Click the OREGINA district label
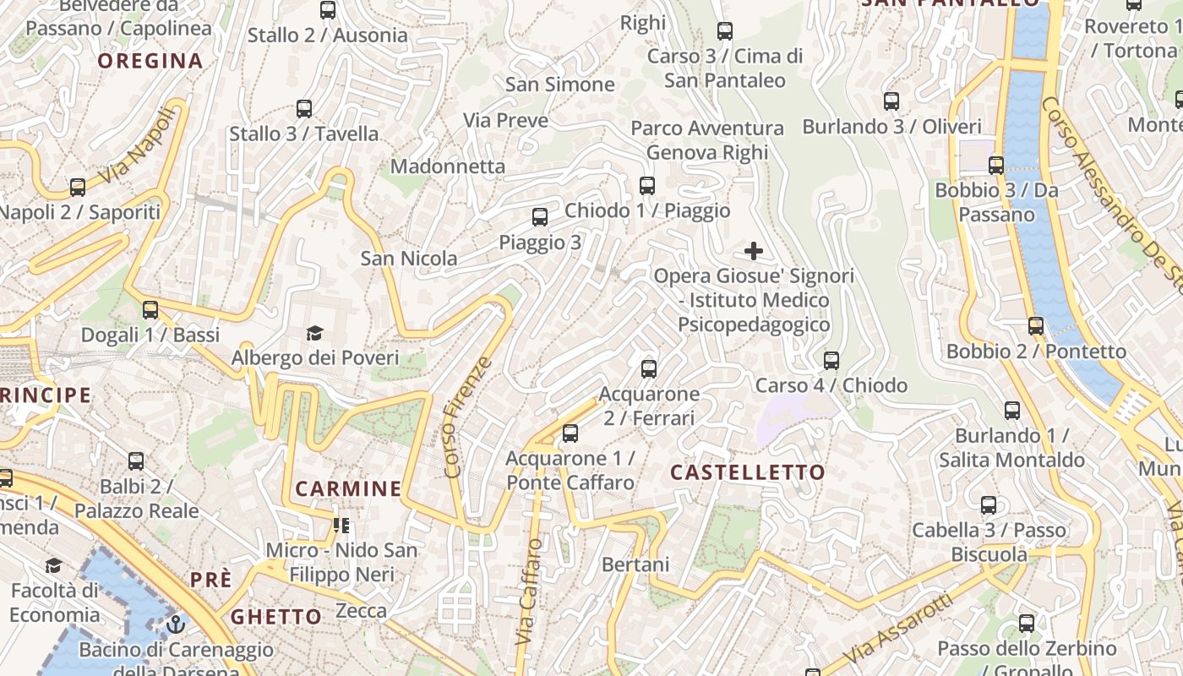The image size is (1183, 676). [x=150, y=61]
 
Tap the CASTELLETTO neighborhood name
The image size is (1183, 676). [x=747, y=472]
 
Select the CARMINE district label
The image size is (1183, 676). [x=348, y=488]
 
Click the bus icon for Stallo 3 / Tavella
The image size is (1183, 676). [x=304, y=109]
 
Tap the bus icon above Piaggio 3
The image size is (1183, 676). [x=540, y=217]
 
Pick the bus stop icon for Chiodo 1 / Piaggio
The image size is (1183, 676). [x=647, y=186]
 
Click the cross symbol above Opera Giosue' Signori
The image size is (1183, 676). [x=753, y=251]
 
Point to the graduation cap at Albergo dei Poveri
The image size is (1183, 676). [x=315, y=333]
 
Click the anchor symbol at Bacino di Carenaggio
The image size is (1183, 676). [x=176, y=625]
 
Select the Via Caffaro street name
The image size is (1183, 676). [x=529, y=591]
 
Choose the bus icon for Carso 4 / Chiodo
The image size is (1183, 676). [x=831, y=361]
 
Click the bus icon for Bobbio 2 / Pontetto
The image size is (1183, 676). [x=1036, y=326]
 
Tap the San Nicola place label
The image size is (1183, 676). [x=409, y=259]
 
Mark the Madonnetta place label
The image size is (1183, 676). [x=448, y=166]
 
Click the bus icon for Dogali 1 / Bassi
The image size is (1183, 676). [x=150, y=310]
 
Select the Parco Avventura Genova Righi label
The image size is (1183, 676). [x=707, y=140]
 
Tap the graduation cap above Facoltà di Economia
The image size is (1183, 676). [x=54, y=565]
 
